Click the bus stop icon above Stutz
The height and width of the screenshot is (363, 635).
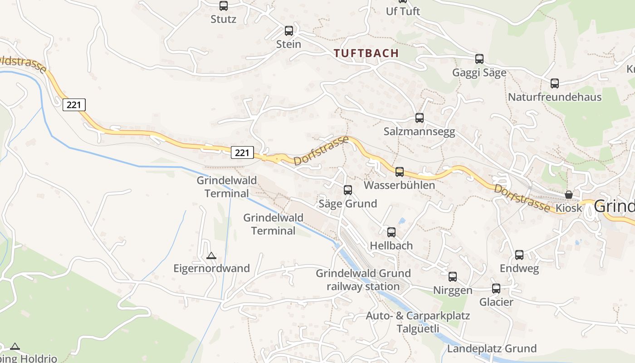(224, 6)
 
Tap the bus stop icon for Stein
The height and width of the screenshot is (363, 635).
(289, 31)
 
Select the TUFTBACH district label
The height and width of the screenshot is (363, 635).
(366, 53)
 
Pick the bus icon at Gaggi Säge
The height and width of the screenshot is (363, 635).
(479, 59)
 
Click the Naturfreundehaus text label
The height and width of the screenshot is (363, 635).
(554, 97)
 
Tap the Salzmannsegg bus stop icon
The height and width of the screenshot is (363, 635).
(420, 118)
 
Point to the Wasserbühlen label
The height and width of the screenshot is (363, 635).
(399, 185)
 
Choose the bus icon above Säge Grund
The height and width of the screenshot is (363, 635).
(348, 190)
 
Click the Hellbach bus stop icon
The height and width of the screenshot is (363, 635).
(391, 232)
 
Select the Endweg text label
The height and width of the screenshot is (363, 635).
(519, 269)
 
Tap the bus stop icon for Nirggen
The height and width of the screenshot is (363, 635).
(453, 277)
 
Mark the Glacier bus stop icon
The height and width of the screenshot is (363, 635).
(496, 289)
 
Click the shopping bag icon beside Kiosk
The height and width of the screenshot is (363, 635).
(569, 195)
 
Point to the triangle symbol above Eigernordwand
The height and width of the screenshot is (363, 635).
(211, 256)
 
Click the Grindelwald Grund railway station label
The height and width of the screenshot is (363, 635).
(363, 280)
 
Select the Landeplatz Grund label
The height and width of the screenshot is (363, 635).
(492, 348)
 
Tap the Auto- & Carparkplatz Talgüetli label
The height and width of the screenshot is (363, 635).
(418, 322)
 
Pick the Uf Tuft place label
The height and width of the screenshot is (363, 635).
(403, 11)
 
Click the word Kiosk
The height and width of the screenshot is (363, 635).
(569, 208)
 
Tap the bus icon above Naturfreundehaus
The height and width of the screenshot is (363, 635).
(554, 83)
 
